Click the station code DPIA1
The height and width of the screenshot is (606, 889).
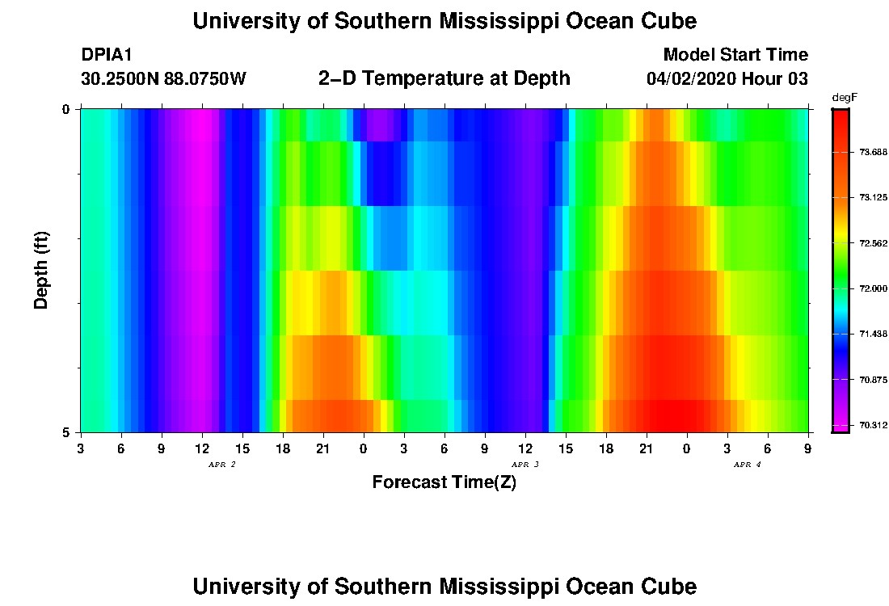107,55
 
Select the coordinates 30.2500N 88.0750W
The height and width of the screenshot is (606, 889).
163,79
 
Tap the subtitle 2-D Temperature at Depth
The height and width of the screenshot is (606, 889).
444,78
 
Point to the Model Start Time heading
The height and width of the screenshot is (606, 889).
735,55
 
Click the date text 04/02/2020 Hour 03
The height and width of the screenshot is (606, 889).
727,79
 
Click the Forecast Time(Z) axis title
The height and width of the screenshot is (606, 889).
444,482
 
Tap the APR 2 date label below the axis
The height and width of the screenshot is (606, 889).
221,465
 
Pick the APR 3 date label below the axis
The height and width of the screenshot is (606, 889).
525,465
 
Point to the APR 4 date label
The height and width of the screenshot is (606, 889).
747,465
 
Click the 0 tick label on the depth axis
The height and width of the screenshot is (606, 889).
66,109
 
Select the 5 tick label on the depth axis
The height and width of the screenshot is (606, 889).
66,432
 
